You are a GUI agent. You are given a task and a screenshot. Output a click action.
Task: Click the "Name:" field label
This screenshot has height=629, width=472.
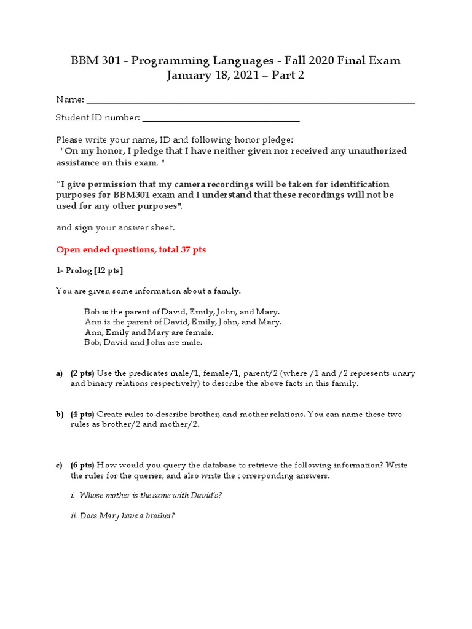(x=70, y=100)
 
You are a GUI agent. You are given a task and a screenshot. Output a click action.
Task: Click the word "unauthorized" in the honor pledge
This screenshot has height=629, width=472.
(x=376, y=150)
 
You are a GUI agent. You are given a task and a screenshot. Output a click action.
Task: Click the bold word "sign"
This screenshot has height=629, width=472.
(x=84, y=227)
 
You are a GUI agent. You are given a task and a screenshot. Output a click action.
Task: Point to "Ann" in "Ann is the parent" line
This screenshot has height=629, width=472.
(x=92, y=322)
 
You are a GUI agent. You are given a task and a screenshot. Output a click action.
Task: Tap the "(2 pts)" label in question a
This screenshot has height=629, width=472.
(x=82, y=373)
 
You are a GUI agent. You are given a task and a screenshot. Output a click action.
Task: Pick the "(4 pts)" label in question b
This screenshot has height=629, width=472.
(x=82, y=415)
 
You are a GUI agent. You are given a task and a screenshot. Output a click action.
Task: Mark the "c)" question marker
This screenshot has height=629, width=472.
(x=60, y=466)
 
